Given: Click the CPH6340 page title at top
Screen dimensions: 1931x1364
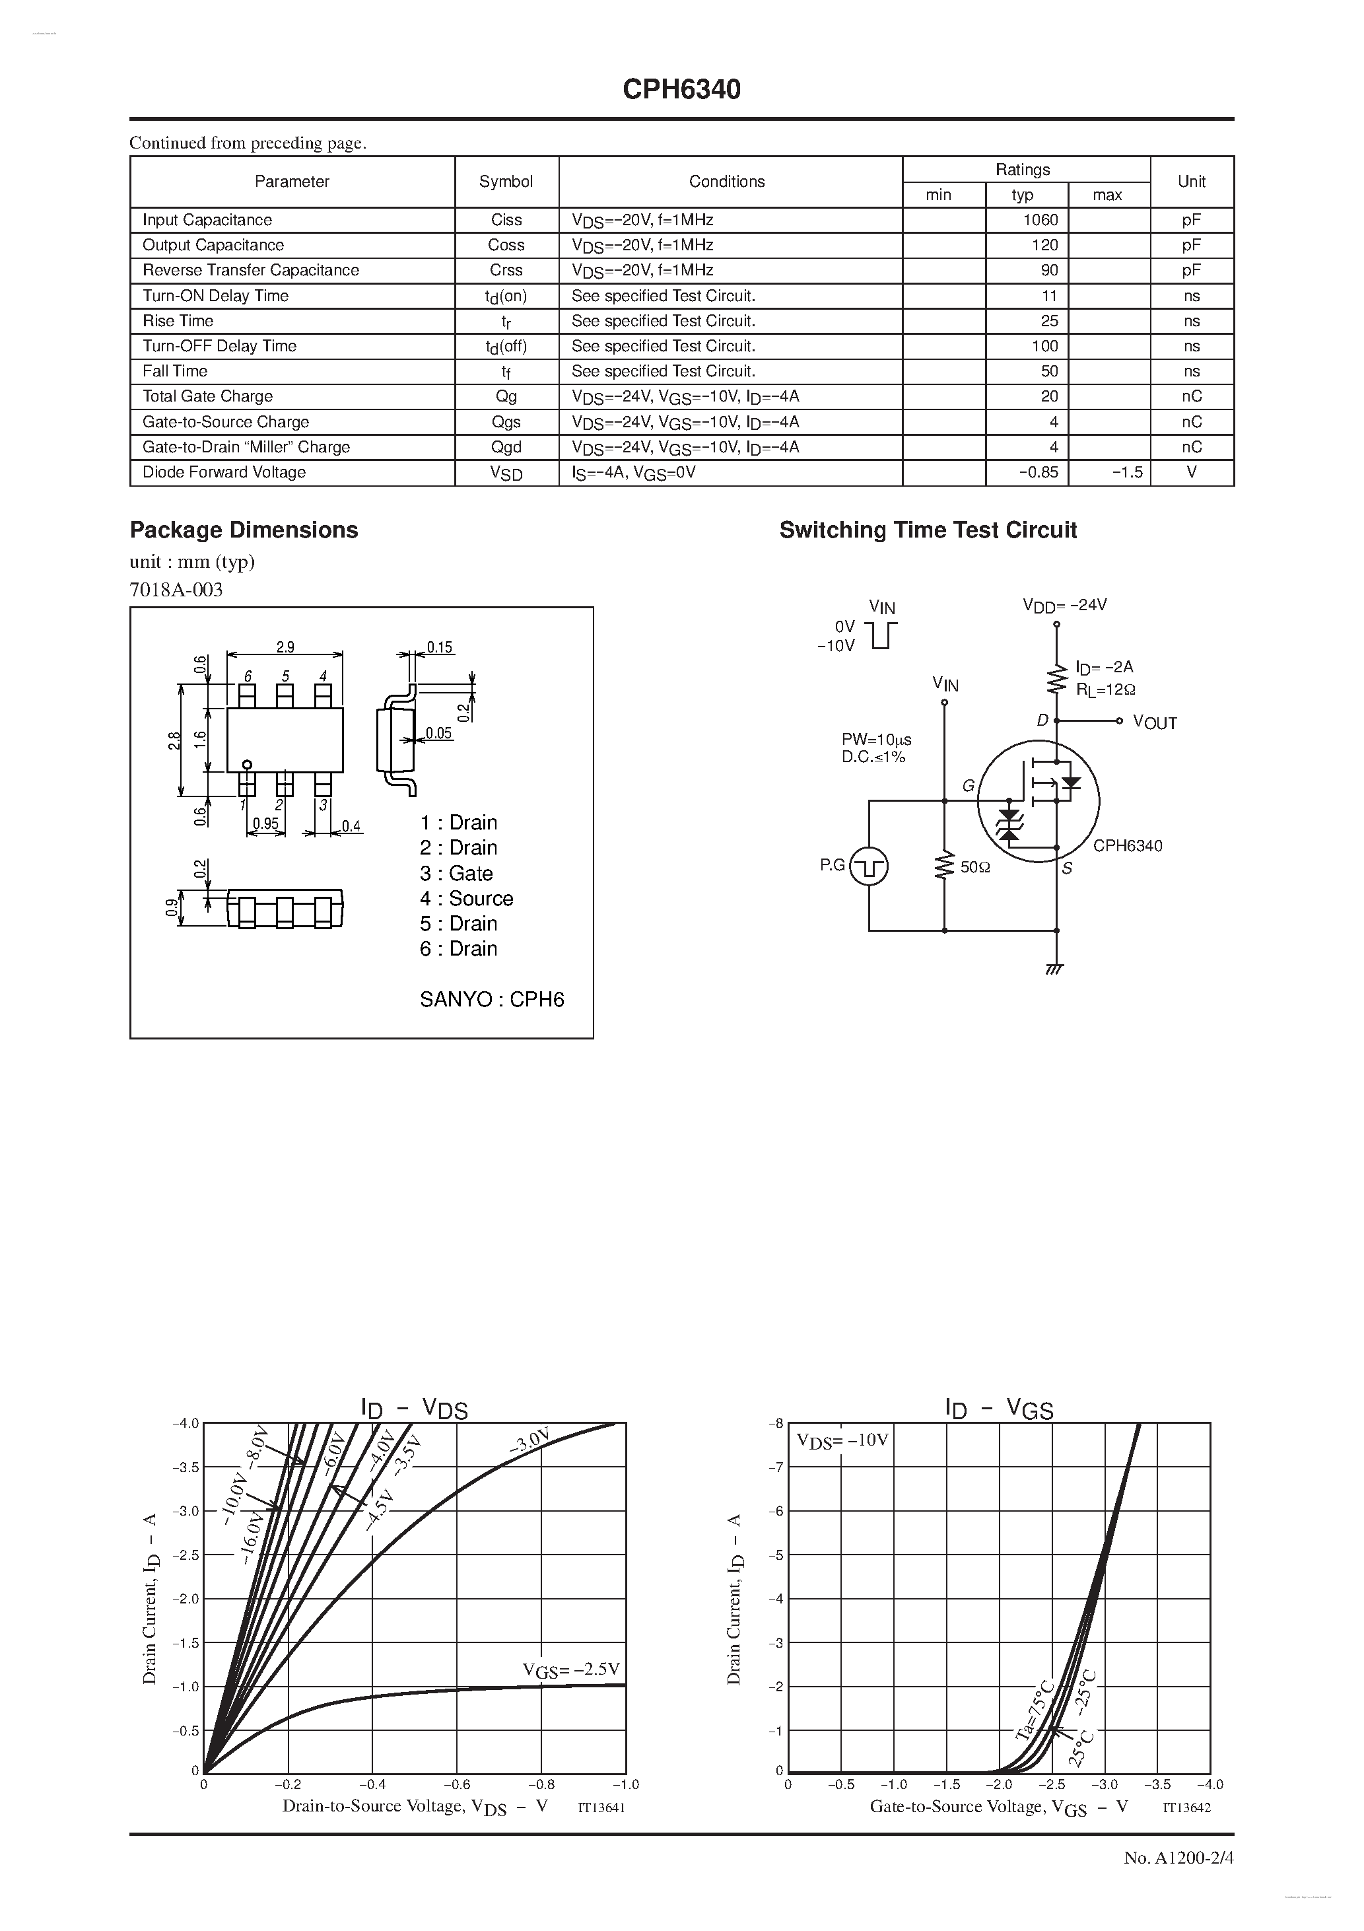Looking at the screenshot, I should [681, 89].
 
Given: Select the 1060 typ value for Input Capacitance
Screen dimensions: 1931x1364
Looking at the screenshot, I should [1040, 219].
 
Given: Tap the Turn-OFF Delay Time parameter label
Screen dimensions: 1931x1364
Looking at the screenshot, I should [219, 345].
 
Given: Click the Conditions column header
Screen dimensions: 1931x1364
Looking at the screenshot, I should [727, 182].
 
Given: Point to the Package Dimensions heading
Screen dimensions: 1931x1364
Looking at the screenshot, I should [244, 530].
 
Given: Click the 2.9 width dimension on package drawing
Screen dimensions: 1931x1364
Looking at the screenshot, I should [285, 647].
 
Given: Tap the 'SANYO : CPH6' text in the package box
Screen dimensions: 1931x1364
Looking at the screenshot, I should [492, 999].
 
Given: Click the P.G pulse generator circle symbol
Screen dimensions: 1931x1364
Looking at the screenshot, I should [869, 866].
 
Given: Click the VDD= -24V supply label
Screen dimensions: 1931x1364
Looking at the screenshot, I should [1065, 605].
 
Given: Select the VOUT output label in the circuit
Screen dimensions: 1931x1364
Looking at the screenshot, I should [1155, 722].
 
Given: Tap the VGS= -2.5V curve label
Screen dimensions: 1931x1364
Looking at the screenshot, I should [571, 1669].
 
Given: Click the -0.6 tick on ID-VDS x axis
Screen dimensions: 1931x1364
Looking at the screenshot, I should [458, 1784].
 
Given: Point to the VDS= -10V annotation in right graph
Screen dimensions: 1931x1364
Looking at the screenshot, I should [842, 1441].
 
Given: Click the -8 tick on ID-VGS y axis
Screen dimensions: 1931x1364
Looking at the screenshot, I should [776, 1423].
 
